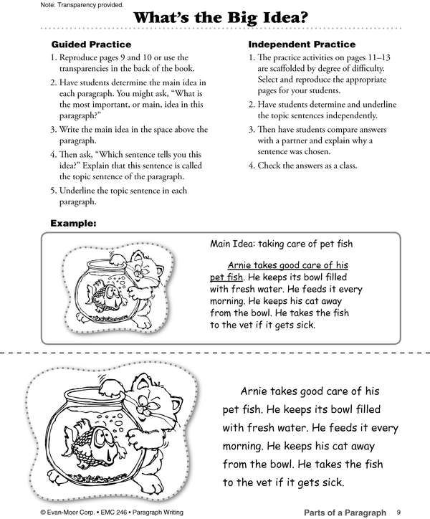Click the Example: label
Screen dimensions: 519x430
point(73,224)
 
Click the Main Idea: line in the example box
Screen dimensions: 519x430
point(281,244)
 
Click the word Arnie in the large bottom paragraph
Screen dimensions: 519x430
point(256,392)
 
